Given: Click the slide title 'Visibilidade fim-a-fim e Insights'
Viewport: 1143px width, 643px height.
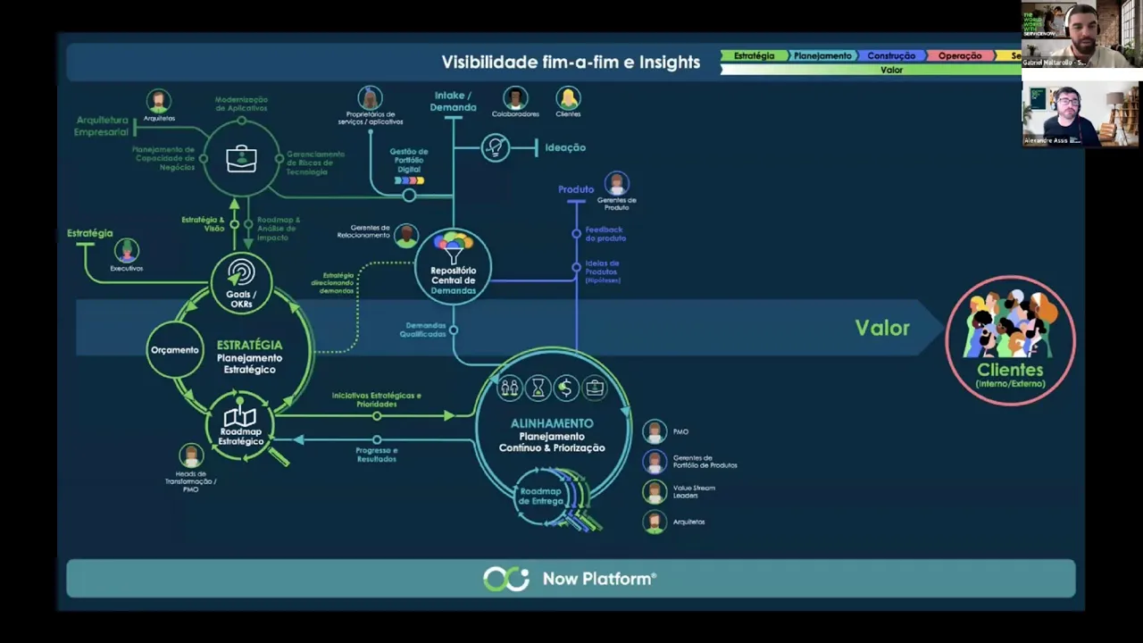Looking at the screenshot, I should (571, 63).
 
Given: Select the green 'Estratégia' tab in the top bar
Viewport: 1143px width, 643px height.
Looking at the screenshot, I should (754, 55).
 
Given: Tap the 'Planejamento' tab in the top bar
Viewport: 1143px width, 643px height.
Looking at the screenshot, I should (822, 55).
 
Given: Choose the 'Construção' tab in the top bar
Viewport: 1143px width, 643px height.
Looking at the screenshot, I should (890, 55).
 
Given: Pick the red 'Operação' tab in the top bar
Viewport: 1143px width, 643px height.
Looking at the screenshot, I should (960, 55).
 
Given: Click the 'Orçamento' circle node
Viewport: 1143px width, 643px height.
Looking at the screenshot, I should (175, 349).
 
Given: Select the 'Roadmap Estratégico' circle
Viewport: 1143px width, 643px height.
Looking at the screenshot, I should (240, 427).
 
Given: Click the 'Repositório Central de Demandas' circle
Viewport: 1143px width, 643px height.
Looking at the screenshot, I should (453, 267).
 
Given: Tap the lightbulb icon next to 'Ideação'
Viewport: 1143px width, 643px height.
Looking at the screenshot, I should (495, 147).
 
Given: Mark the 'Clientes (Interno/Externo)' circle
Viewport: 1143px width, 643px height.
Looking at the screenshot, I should (1010, 340).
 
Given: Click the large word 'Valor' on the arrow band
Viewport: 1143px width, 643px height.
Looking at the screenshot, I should (882, 328).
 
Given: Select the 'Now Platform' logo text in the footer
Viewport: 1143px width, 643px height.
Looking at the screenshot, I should (599, 579).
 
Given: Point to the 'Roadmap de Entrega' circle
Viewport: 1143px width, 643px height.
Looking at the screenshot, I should (542, 497).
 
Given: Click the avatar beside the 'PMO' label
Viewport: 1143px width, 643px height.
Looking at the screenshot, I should (655, 432).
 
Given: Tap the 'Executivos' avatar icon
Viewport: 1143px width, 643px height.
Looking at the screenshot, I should (126, 250).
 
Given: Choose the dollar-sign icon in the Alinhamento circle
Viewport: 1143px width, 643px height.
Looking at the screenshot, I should (565, 388).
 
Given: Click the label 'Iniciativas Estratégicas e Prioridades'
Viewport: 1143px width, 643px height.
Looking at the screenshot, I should (376, 399).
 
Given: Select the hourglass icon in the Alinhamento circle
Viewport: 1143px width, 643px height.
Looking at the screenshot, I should (538, 388).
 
